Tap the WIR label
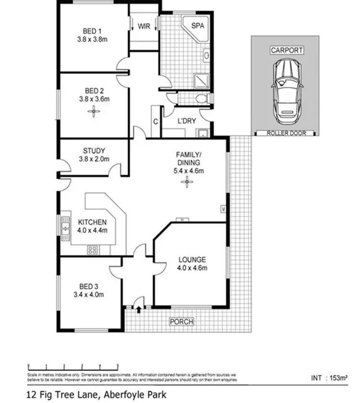pyautogui.click(x=144, y=26)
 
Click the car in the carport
pyautogui.click(x=287, y=93)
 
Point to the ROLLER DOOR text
pyautogui.click(x=287, y=133)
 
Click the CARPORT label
pyautogui.click(x=287, y=50)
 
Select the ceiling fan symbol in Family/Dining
pyautogui.click(x=187, y=182)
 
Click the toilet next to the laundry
pyautogui.click(x=204, y=98)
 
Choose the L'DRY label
pyautogui.click(x=186, y=121)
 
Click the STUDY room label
pyautogui.click(x=94, y=150)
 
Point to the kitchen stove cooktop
pyautogui.click(x=93, y=250)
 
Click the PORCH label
pyautogui.click(x=181, y=321)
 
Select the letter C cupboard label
pyautogui.click(x=156, y=122)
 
